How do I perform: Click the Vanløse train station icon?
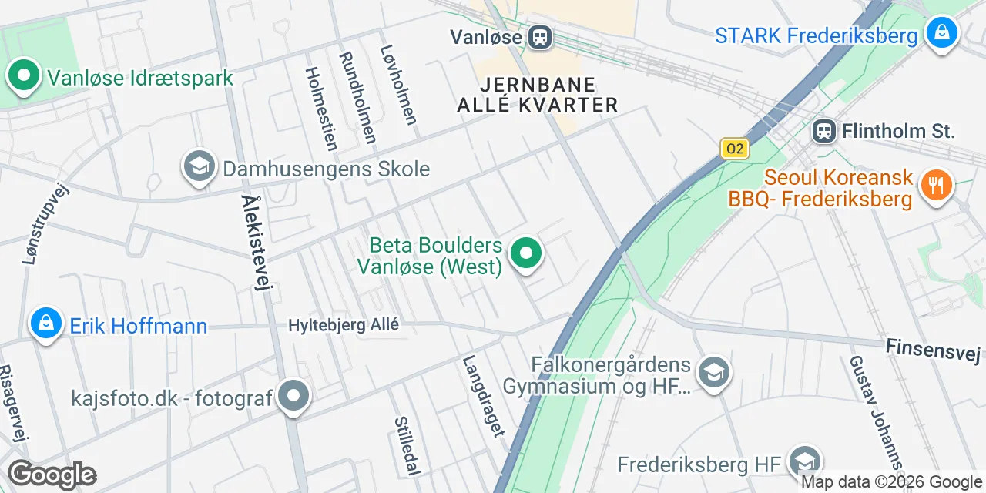coord(540,36)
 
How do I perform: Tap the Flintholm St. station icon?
coord(824,131)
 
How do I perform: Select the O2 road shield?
coord(735,148)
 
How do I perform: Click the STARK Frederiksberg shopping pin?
coord(941,34)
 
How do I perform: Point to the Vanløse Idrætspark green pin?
coord(23,77)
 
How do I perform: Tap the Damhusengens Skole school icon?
coord(199,167)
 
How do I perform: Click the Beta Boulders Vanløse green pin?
coord(527,253)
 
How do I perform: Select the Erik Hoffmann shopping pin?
coord(46,324)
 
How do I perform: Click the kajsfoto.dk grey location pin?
coord(293,397)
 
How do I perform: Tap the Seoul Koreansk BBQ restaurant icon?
coord(937,184)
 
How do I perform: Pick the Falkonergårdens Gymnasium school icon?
coord(713,374)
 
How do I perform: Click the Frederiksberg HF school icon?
coord(806,462)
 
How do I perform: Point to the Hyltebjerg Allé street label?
coord(344,325)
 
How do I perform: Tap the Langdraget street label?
coord(484,396)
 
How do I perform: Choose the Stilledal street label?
coord(407,445)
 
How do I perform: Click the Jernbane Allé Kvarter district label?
coord(538,95)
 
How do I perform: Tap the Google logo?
coord(52,475)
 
